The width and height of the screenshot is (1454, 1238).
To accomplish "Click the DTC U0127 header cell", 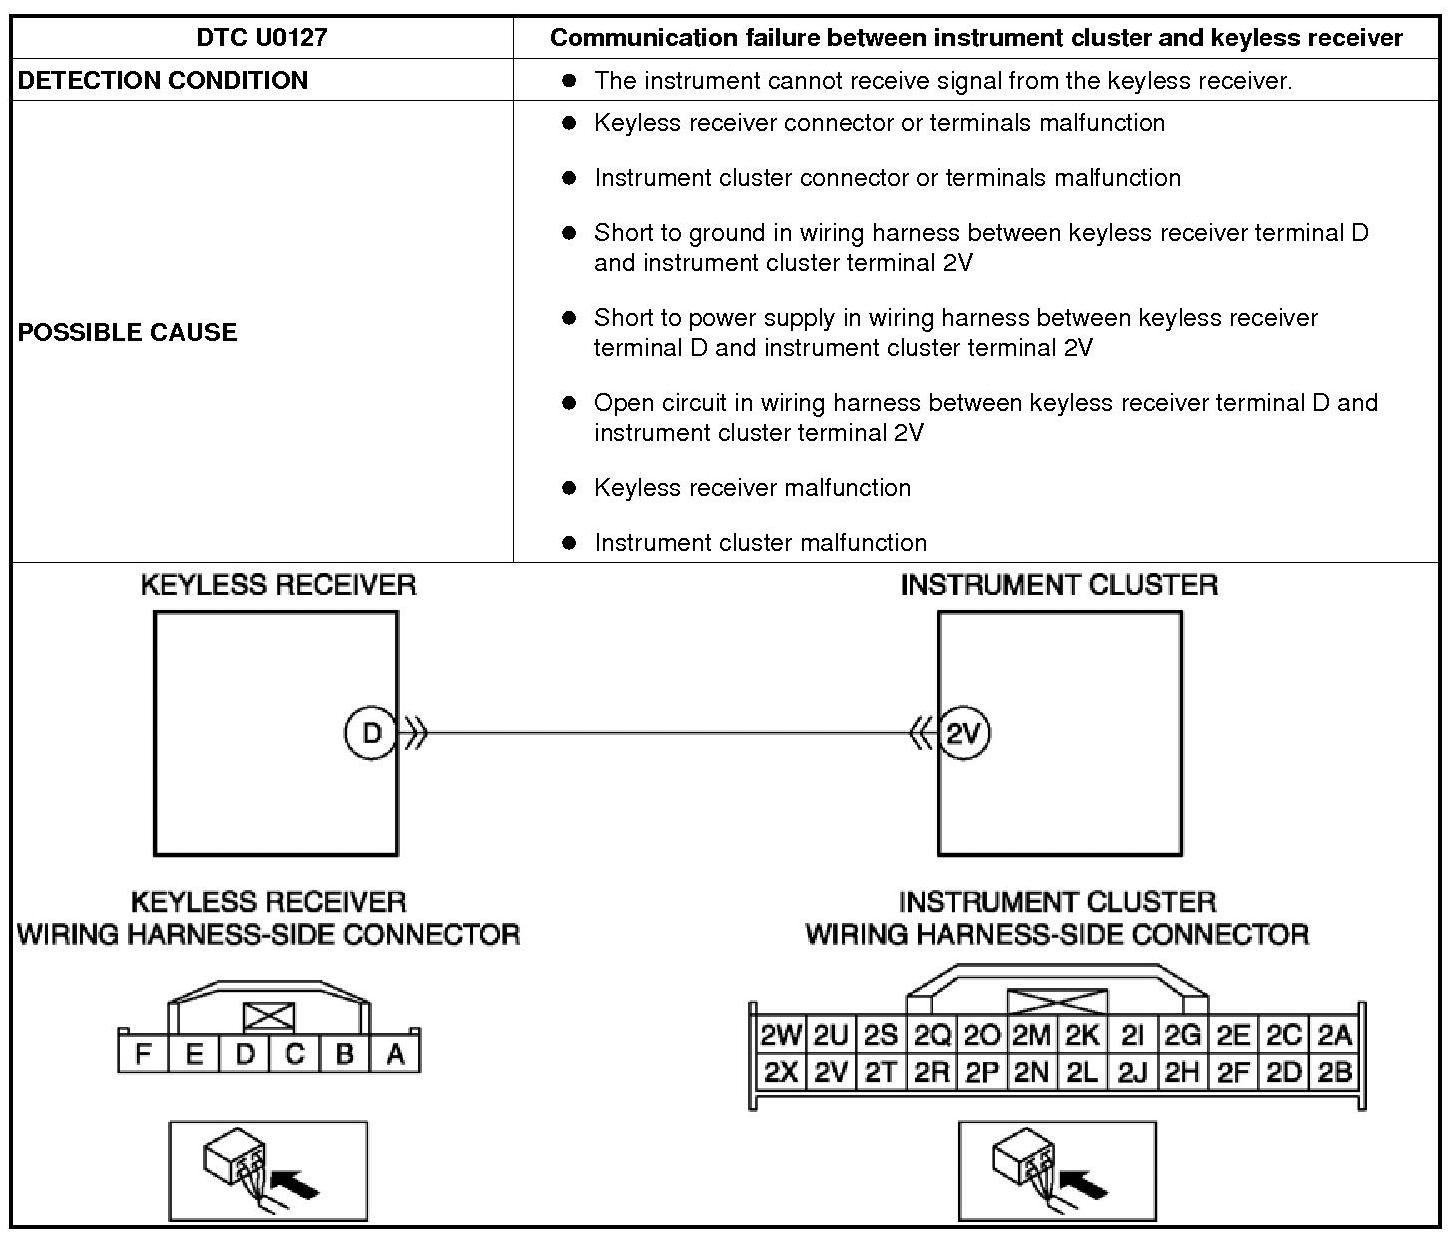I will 262,38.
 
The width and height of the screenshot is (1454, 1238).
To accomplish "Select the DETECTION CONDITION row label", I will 163,80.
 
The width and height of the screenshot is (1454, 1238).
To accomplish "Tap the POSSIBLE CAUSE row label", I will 128,332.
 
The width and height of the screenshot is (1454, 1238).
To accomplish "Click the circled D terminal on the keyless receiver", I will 371,733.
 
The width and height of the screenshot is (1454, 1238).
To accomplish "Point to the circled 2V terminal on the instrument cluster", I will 963,734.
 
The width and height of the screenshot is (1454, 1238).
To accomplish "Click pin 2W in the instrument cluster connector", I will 780,1035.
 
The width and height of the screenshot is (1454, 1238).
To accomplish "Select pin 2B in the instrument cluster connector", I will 1335,1073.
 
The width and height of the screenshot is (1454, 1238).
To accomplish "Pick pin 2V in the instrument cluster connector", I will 830,1073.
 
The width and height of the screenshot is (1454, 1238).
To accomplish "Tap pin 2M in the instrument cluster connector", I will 1031,1035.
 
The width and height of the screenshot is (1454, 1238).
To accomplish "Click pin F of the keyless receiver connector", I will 144,1054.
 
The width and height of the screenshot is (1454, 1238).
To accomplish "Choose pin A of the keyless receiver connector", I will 395,1054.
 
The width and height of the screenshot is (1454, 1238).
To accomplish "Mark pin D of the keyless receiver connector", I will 245,1054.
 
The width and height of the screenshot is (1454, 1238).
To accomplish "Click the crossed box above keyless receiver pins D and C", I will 269,1017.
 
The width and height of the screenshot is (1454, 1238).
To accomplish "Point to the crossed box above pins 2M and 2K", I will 1057,1002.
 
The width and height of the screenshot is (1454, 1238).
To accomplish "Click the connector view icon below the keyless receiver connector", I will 268,1171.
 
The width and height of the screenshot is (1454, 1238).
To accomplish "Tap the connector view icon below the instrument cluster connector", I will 1057,1171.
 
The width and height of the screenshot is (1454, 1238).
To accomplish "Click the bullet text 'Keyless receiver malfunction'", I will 752,488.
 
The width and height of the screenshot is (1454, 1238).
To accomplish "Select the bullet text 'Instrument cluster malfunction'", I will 760,543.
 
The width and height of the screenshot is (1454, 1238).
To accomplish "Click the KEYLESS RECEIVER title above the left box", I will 278,585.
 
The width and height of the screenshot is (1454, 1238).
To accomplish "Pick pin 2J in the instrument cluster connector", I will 1132,1073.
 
